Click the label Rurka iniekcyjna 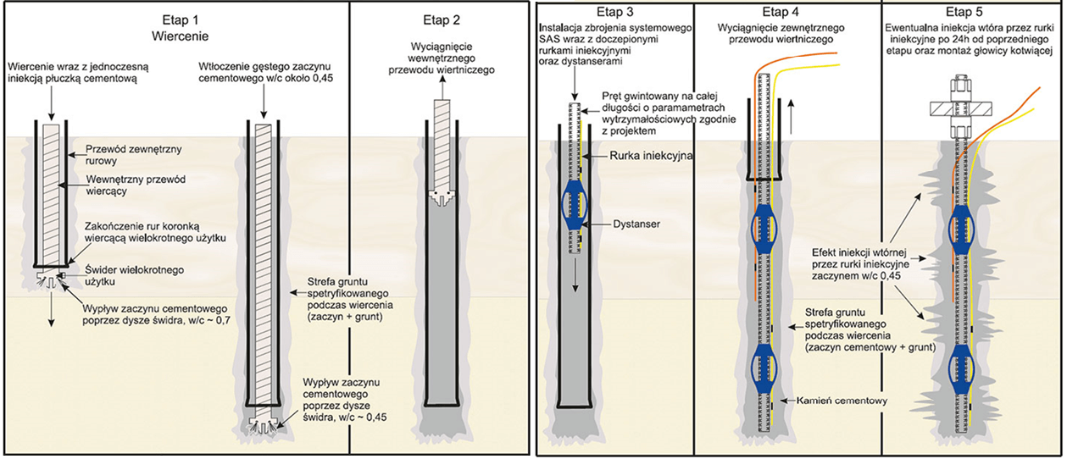[639, 156]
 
